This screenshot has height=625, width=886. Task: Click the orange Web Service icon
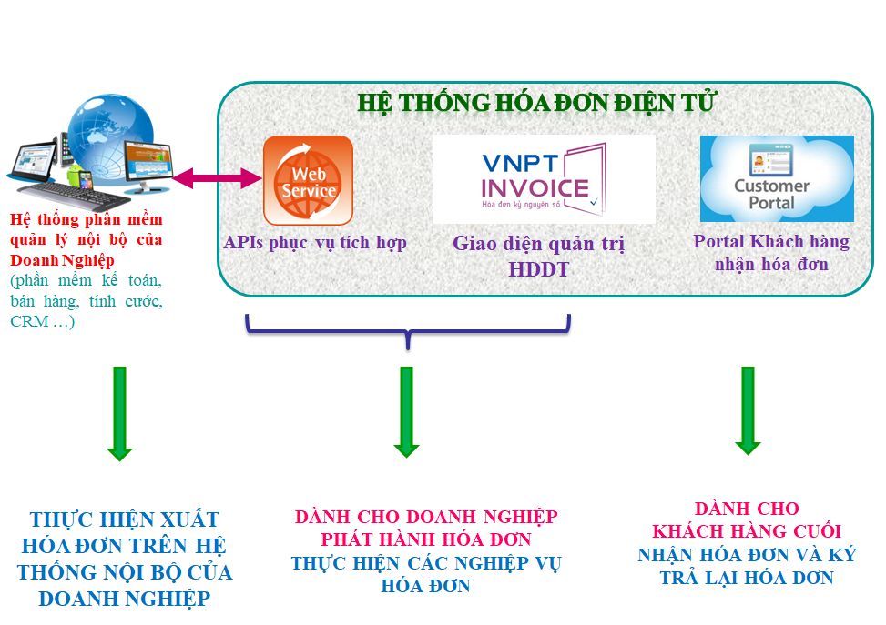tap(308, 180)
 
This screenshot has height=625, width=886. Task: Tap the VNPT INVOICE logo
tap(544, 179)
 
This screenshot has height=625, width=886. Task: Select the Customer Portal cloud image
tap(777, 179)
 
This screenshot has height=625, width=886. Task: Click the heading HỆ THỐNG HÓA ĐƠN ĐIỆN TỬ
tap(536, 102)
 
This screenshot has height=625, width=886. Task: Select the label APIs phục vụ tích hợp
tap(315, 243)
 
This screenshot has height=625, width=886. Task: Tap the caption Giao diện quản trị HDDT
tap(538, 257)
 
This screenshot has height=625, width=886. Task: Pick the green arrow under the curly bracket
tap(406, 411)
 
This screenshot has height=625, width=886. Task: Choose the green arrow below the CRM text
tap(119, 413)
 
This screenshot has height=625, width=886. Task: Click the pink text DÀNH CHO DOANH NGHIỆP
tap(426, 518)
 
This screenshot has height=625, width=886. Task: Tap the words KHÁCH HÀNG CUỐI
tap(747, 531)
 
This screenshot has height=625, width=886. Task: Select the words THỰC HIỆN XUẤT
tap(125, 520)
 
